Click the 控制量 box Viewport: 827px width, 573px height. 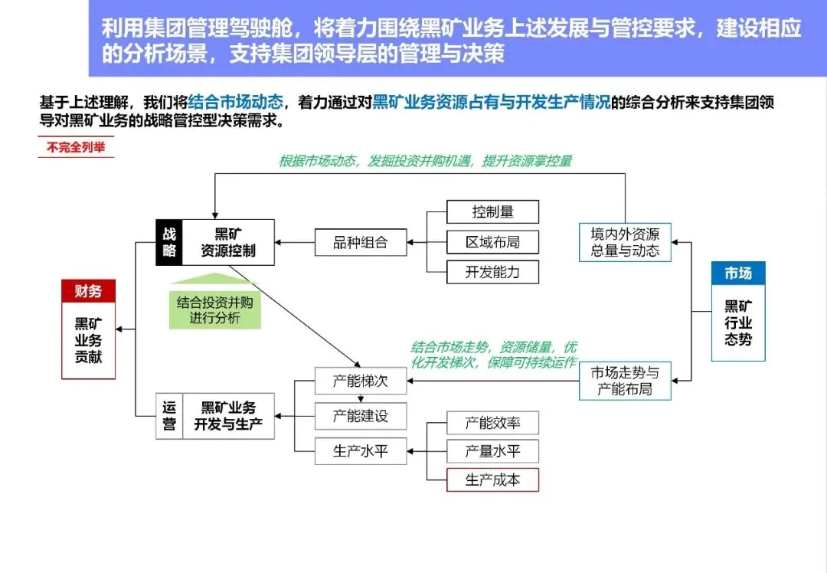coord(492,212)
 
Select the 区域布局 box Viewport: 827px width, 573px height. coord(492,242)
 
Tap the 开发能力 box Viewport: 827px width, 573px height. coord(492,272)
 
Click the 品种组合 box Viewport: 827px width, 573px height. coord(360,243)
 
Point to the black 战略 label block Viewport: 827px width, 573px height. coord(169,243)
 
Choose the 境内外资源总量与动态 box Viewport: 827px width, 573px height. coord(625,242)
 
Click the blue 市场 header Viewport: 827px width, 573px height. coord(738,273)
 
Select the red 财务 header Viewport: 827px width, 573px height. coord(88,291)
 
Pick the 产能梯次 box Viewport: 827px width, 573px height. coord(360,381)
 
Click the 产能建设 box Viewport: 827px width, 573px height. coord(360,416)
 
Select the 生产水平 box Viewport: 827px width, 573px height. coord(360,451)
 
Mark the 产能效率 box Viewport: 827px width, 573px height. coord(492,423)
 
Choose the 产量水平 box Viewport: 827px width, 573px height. coord(492,451)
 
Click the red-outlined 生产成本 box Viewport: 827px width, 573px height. coord(492,480)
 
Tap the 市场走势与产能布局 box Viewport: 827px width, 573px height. coord(625,381)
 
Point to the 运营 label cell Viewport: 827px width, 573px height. coord(169,417)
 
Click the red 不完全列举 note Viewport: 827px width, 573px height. coord(76,148)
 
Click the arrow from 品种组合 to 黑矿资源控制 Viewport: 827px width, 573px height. coord(295,243)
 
